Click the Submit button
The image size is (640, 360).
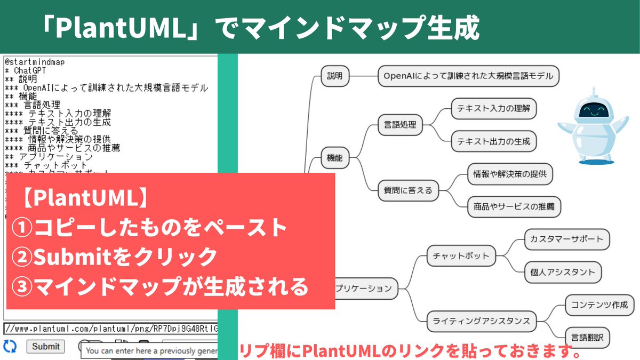pos(45,346)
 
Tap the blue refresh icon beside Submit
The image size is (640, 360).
pos(10,346)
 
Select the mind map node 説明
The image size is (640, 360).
pos(335,76)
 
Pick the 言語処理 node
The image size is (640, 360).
pos(400,125)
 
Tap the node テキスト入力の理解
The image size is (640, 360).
pos(493,109)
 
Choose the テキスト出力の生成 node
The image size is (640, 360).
pos(493,142)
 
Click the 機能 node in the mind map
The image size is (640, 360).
pos(335,158)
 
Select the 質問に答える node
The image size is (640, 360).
pos(408,190)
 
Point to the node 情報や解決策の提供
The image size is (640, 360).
pos(510,174)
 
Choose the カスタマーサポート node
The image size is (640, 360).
pos(566,239)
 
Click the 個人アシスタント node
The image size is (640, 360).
pos(563,272)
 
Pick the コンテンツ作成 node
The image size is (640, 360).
pos(599,305)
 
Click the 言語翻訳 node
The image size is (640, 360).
pos(587,338)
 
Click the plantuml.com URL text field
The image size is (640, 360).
pos(110,328)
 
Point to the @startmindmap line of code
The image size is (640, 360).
pos(35,62)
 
